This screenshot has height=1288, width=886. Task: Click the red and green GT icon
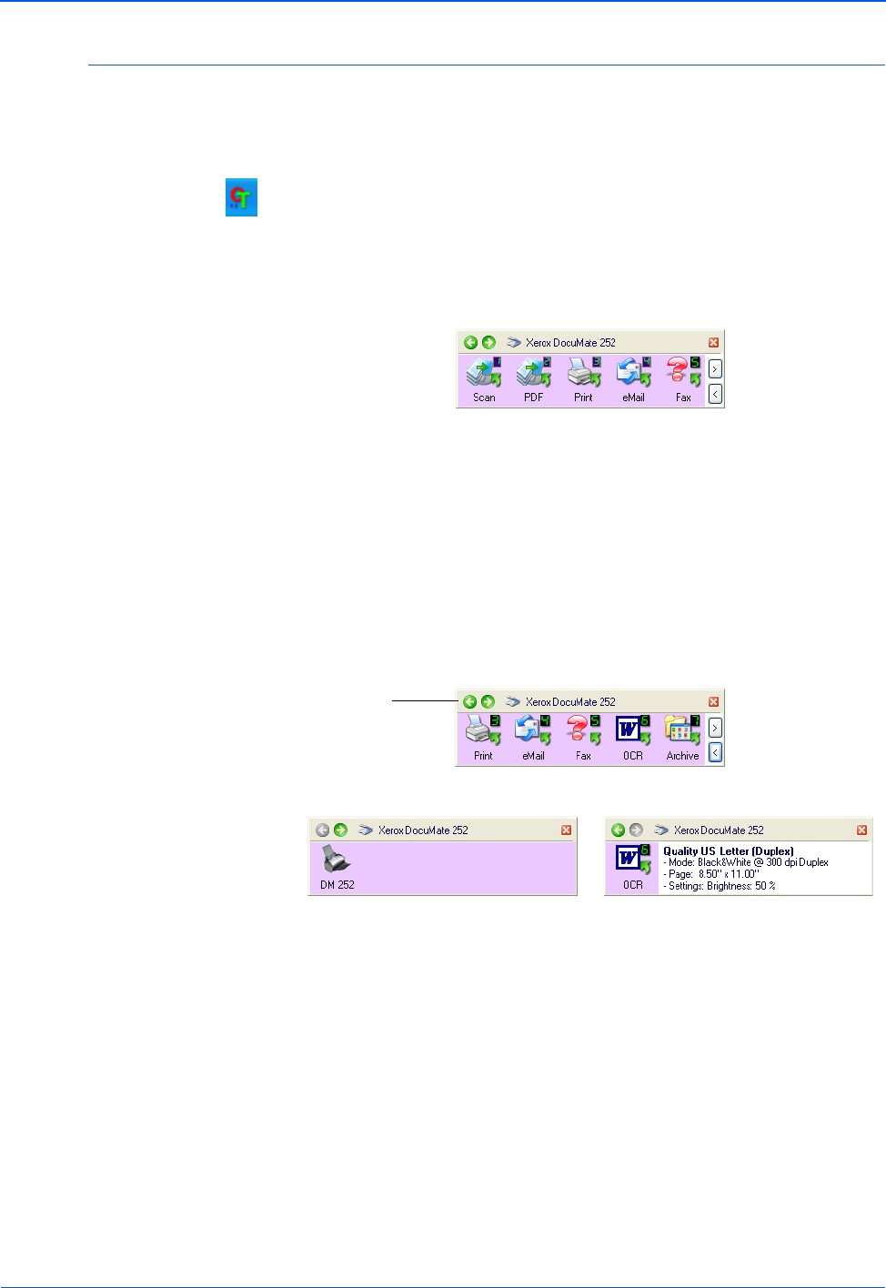pyautogui.click(x=241, y=197)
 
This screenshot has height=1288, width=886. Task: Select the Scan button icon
pyautogui.click(x=484, y=372)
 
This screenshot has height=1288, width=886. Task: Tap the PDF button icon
pyautogui.click(x=534, y=372)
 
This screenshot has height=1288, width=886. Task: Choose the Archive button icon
pyautogui.click(x=682, y=731)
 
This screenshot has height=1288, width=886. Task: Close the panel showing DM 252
pyautogui.click(x=566, y=830)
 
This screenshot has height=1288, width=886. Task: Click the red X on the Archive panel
pyautogui.click(x=713, y=701)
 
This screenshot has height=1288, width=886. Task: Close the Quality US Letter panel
pyautogui.click(x=861, y=830)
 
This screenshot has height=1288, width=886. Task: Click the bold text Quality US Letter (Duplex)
pyautogui.click(x=728, y=851)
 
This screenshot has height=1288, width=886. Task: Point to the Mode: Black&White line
pyautogui.click(x=746, y=862)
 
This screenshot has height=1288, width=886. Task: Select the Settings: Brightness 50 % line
pyautogui.click(x=720, y=886)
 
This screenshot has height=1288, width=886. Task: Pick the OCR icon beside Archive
pyautogui.click(x=633, y=731)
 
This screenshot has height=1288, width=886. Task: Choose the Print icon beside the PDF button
pyautogui.click(x=583, y=372)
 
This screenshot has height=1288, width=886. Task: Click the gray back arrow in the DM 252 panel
pyautogui.click(x=322, y=830)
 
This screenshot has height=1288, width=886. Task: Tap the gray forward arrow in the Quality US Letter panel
pyautogui.click(x=636, y=830)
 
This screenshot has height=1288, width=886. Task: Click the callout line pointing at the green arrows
pyautogui.click(x=424, y=701)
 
